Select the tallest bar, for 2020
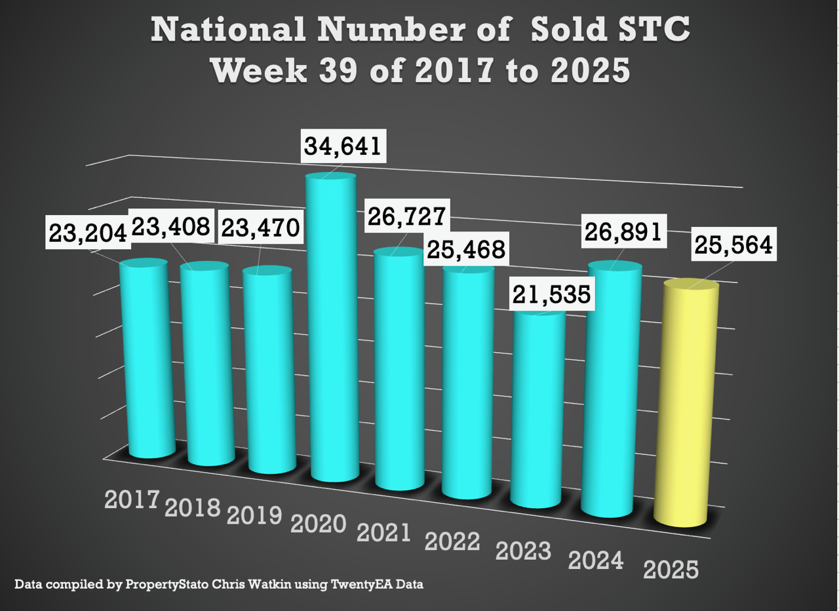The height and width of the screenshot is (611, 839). coord(333,328)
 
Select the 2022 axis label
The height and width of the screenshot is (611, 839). coord(452,542)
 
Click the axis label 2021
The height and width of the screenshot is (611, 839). coord(383,532)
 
